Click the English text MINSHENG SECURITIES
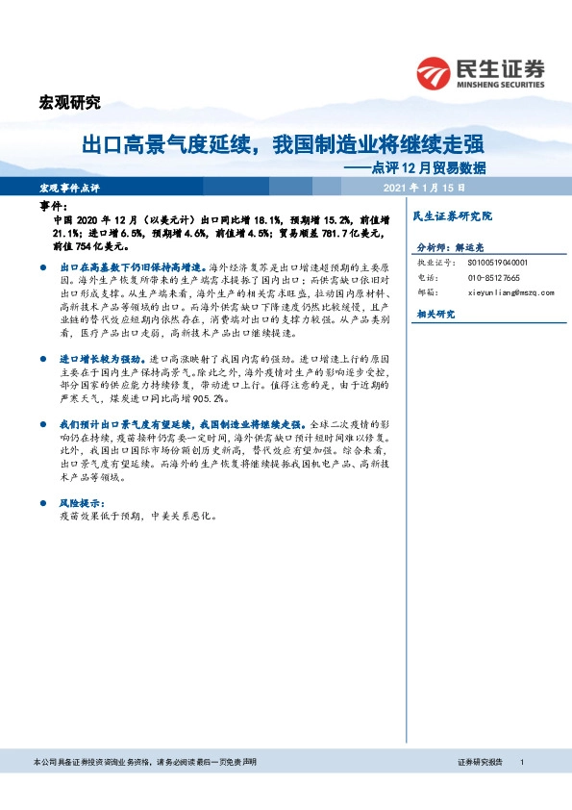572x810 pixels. tap(499, 84)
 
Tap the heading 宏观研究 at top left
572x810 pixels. tap(69, 104)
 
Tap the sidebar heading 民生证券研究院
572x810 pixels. tap(452, 216)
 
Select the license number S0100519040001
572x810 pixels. tap(497, 262)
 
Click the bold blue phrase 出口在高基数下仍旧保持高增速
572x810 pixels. tap(134, 264)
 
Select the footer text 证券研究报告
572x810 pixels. tap(481, 762)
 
